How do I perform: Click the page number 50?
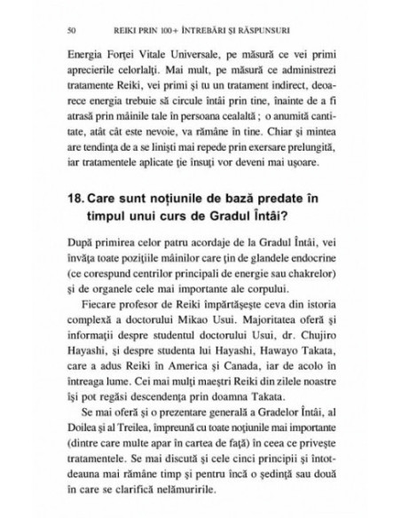[x=59, y=30]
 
